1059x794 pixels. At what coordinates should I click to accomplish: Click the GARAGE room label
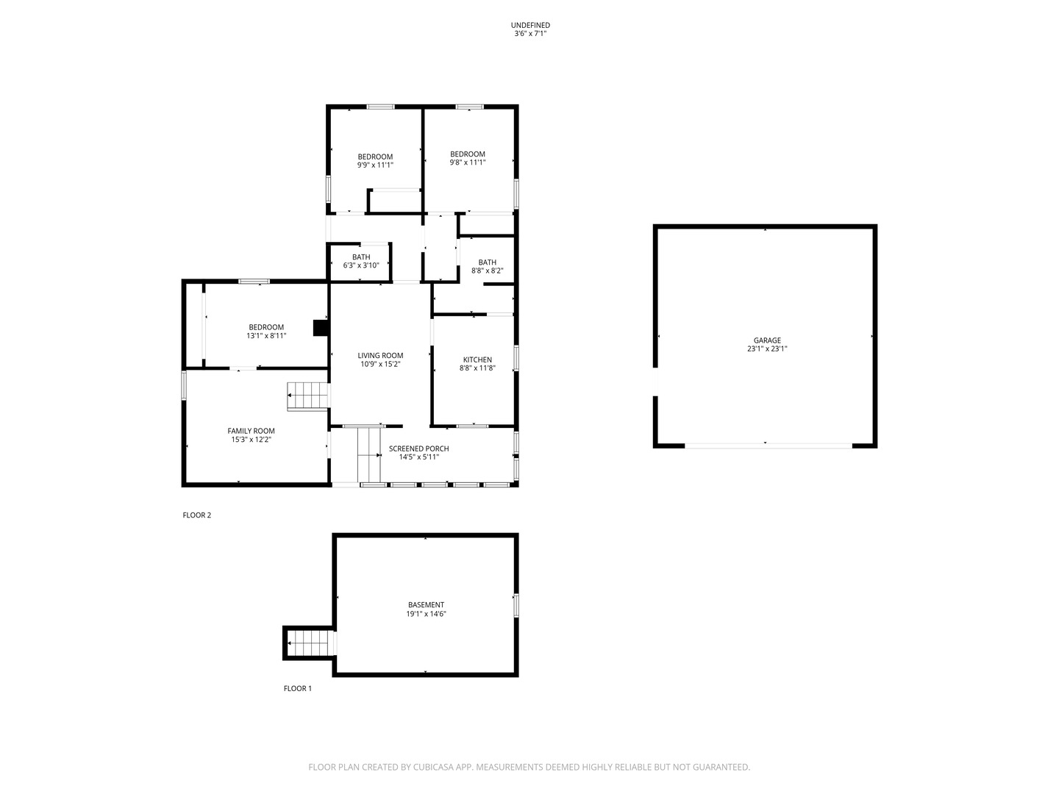766,340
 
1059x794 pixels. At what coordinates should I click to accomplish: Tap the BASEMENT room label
426,605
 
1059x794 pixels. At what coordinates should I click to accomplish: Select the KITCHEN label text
477,360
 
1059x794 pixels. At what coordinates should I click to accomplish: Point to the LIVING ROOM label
380,355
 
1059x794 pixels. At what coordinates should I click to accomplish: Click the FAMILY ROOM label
251,431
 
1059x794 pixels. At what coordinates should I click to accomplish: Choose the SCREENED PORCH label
418,448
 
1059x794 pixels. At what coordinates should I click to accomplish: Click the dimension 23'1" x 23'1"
766,349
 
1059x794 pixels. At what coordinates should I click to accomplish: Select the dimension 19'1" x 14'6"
426,614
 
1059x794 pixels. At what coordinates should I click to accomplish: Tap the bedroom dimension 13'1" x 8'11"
265,336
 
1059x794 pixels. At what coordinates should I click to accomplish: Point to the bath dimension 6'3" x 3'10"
360,265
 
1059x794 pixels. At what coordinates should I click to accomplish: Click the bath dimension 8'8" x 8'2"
487,271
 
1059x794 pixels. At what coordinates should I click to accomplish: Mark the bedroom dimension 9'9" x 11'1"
375,165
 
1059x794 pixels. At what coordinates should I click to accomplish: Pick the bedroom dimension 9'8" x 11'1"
467,162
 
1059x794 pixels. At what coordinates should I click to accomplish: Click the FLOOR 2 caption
196,515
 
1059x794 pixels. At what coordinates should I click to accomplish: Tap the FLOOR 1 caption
297,689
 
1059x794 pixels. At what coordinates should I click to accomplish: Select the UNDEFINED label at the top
529,25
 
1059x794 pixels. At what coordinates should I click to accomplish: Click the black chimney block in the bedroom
320,328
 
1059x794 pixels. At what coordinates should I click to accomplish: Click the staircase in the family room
307,396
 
